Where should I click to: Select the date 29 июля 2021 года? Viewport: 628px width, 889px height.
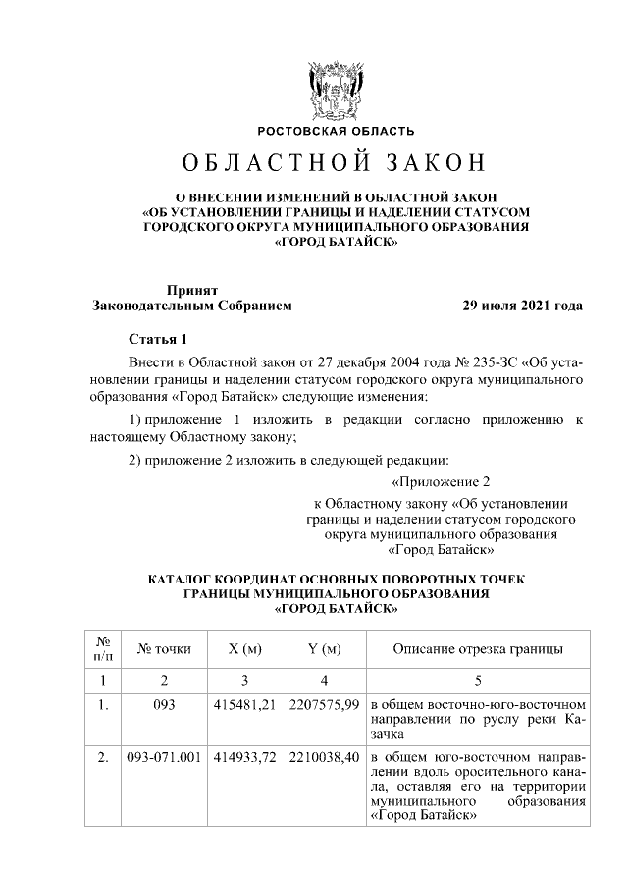click(x=523, y=306)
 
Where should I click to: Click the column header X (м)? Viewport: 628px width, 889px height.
click(x=245, y=649)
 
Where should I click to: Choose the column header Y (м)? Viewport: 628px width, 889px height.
click(x=323, y=649)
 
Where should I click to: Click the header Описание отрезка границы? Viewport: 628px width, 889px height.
click(x=478, y=649)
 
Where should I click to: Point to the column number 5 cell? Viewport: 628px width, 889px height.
click(x=478, y=681)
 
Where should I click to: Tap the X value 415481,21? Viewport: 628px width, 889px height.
click(x=245, y=705)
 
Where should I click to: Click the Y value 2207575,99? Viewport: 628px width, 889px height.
click(x=323, y=705)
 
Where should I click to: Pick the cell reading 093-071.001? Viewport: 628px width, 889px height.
click(x=165, y=759)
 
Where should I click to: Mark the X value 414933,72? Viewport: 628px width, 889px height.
click(x=245, y=759)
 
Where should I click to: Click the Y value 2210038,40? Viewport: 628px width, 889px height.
click(x=323, y=759)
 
